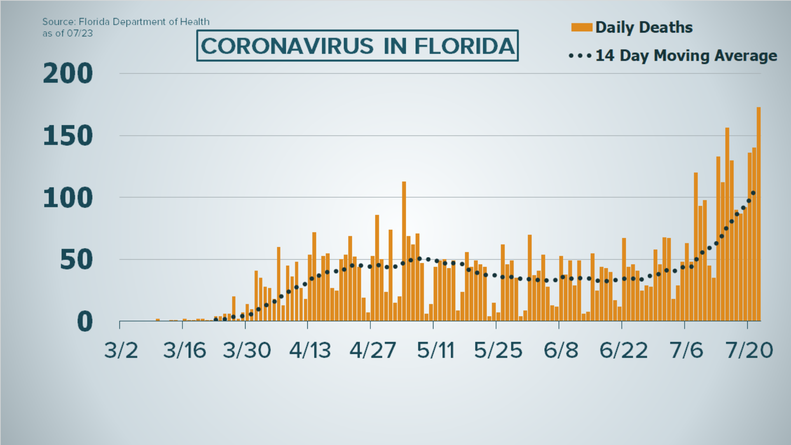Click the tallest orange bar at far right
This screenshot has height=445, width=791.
(758, 214)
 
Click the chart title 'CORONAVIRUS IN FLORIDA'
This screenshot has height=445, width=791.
(357, 46)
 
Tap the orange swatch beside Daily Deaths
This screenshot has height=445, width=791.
(581, 28)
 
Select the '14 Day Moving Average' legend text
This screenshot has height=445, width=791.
(686, 56)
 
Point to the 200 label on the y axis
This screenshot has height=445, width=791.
(68, 74)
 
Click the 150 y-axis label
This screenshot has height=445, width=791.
(68, 136)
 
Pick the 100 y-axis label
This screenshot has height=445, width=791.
(68, 198)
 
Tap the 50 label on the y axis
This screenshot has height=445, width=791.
(76, 260)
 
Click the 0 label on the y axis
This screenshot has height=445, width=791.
(85, 322)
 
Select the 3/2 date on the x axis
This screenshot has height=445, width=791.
(121, 351)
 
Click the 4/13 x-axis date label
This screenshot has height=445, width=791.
(310, 351)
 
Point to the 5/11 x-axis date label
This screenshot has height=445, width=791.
(435, 351)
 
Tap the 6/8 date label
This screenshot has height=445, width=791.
(561, 351)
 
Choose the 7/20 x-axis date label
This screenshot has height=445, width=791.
(749, 351)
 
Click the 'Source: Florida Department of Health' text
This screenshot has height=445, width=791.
(126, 22)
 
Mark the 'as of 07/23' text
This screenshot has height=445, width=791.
(68, 33)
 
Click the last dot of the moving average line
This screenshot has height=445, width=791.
(753, 193)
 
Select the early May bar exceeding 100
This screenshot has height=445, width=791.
(404, 251)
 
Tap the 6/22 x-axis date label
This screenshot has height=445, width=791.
(623, 351)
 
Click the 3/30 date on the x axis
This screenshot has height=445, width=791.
(247, 351)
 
